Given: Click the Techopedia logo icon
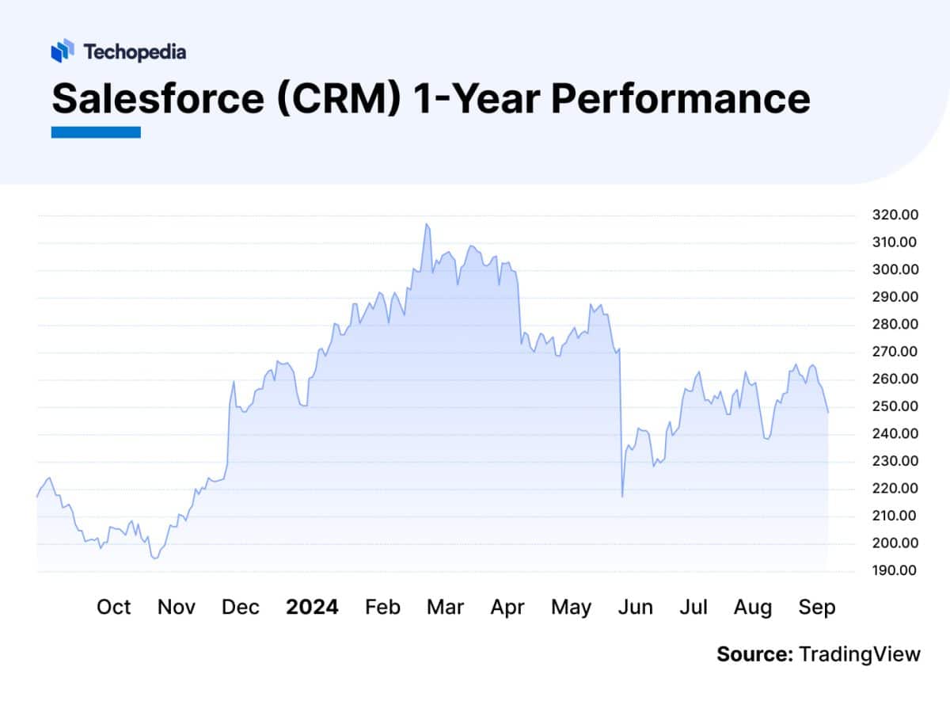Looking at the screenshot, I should [63, 51].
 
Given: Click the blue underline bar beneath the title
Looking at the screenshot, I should [96, 132].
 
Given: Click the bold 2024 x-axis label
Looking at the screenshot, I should [312, 608].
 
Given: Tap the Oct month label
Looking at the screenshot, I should [113, 608].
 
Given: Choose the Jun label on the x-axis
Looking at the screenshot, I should [635, 608].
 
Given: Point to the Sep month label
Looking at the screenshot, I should [817, 608].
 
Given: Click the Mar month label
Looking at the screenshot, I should [445, 608].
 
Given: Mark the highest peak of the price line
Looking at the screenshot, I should [427, 224].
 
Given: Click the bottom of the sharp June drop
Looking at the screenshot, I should [622, 497].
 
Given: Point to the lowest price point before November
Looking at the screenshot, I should [155, 558].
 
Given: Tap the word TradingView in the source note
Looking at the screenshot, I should [860, 654].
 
